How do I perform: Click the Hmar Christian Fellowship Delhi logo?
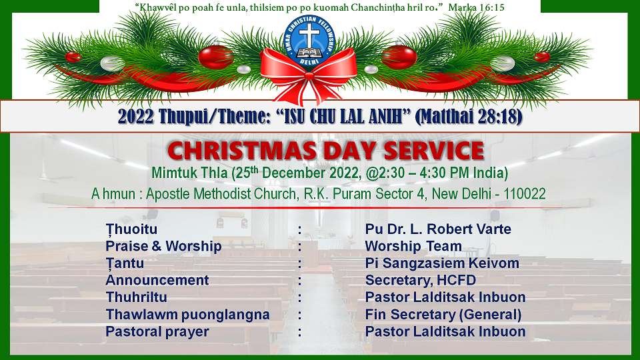pos(309,41)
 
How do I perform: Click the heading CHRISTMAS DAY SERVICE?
pos(325,150)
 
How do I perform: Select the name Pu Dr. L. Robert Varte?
pos(438,229)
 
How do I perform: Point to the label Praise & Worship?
pos(163,246)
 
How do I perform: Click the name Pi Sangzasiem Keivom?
pos(442,263)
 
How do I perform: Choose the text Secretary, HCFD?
pos(421,281)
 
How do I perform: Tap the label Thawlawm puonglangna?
pos(187,315)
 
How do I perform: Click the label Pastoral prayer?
pos(157,331)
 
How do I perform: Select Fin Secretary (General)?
pos(443,315)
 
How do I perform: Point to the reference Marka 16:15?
pos(476,7)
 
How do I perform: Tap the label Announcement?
pos(157,281)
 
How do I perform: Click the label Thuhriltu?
pos(136,297)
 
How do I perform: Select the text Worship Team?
pos(413,246)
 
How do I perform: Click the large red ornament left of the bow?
pos(215,57)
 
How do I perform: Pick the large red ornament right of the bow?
pos(399,57)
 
